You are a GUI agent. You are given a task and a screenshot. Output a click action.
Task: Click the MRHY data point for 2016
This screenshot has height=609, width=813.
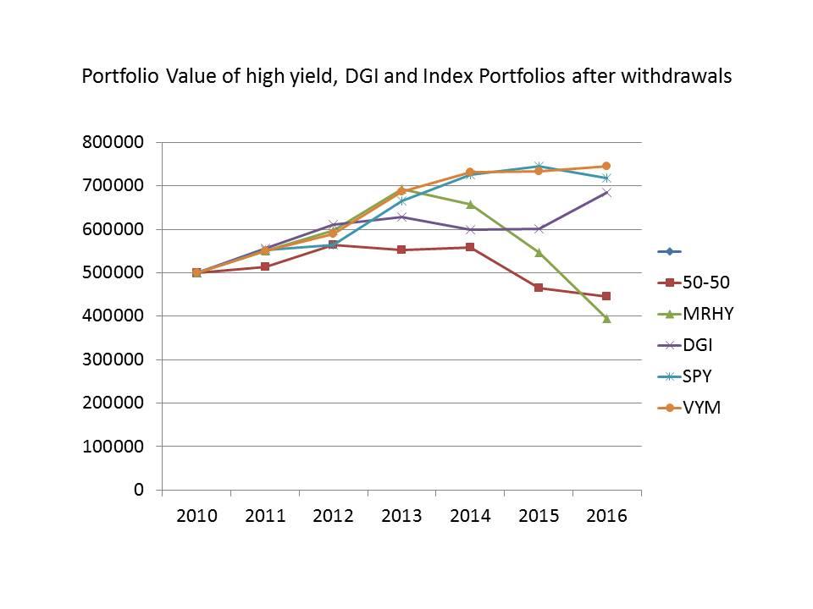coord(606,318)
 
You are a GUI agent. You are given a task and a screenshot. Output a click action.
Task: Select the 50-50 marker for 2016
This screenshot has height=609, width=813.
coord(606,296)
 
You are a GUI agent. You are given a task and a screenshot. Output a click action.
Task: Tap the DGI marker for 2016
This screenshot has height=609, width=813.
coord(606,192)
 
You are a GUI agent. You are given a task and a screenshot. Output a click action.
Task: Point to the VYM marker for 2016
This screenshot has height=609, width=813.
coord(606,166)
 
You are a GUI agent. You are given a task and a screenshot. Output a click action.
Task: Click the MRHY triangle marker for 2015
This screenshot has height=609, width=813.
coord(538,252)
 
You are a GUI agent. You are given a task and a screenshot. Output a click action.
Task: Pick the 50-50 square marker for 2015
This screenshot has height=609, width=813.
coord(538,288)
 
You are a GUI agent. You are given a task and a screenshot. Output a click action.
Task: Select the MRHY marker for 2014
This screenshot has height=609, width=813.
coord(469,204)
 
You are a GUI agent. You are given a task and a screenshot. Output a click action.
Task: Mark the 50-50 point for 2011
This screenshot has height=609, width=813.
coord(265,266)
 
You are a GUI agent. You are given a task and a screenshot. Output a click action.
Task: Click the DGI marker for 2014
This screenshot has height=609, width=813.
coord(469,229)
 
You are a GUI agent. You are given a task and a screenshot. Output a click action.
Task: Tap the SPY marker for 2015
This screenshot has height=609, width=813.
coord(538,166)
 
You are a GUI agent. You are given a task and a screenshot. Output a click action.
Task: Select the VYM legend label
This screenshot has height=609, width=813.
coord(702,408)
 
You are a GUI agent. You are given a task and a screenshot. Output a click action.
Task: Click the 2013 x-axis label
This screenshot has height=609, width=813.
coord(401,516)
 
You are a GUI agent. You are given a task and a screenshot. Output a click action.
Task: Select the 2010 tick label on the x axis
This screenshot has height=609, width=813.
coord(196,516)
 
